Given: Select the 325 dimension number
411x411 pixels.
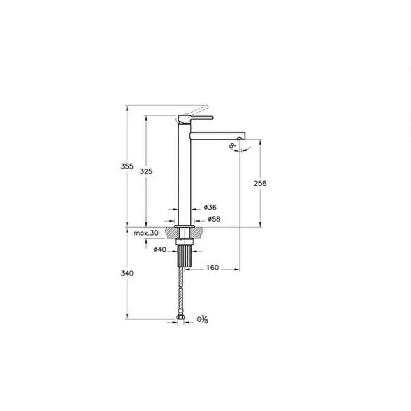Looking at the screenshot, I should tap(146, 171).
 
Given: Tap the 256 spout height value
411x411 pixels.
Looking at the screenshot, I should tap(260, 183).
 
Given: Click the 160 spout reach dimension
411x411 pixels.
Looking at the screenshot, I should tap(212, 268).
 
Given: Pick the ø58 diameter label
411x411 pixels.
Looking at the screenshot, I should tap(214, 219).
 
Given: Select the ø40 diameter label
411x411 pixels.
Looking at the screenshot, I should tap(159, 249).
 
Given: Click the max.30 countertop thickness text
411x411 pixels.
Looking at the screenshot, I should tap(146, 233).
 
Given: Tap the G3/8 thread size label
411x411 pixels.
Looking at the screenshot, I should tap(203, 319).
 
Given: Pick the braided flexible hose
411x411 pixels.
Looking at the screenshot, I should tap(182, 292).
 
